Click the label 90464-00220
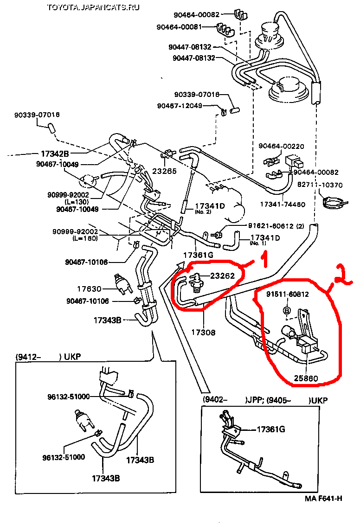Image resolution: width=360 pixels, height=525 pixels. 281,147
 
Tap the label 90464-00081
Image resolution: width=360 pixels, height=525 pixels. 190,26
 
